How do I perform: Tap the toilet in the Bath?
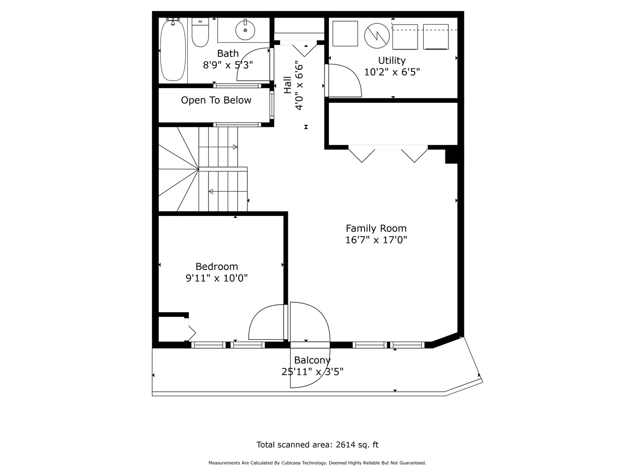click(x=200, y=33)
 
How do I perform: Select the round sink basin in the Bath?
click(x=245, y=30)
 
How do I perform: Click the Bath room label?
click(x=228, y=54)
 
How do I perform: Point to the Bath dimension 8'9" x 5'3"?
click(x=228, y=65)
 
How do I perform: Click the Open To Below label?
click(x=216, y=100)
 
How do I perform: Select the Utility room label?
click(x=392, y=60)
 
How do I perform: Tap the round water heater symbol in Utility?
click(x=377, y=35)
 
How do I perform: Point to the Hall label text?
click(x=288, y=85)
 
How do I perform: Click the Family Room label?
click(x=376, y=228)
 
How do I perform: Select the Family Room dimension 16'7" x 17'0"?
click(x=376, y=240)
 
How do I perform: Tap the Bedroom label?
click(x=217, y=267)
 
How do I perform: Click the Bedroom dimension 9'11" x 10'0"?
click(x=217, y=278)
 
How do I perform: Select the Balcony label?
click(x=312, y=360)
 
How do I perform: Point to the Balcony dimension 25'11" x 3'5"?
click(x=312, y=372)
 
